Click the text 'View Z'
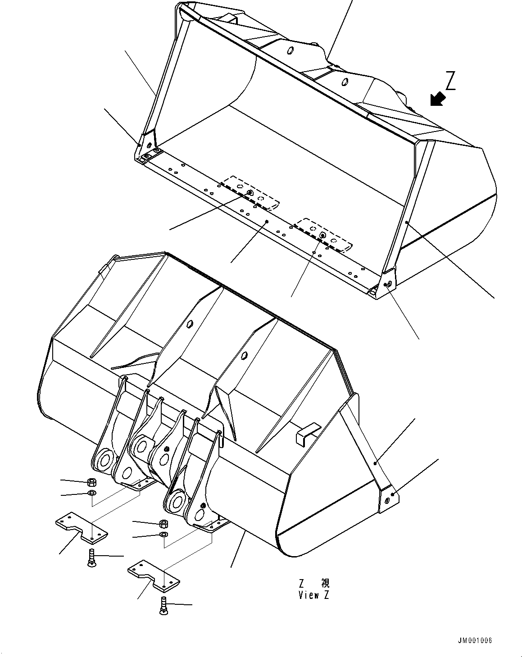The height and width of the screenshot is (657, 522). point(314,595)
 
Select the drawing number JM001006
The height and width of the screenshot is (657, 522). point(476,641)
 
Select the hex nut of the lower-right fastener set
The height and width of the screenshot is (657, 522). point(163,523)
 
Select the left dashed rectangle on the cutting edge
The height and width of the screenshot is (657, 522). point(250,193)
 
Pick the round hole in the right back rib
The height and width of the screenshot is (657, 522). point(244,355)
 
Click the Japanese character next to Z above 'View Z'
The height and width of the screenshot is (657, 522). point(325,584)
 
